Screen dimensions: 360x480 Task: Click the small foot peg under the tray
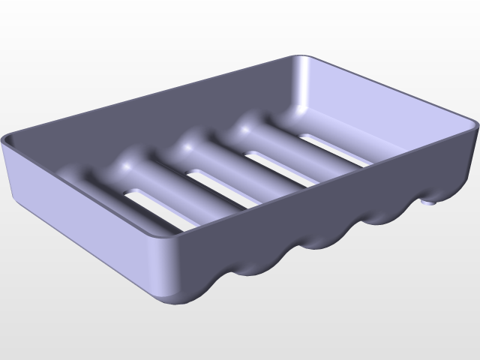428,201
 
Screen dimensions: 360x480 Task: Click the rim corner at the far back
301,57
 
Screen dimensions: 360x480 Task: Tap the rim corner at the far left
6,139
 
